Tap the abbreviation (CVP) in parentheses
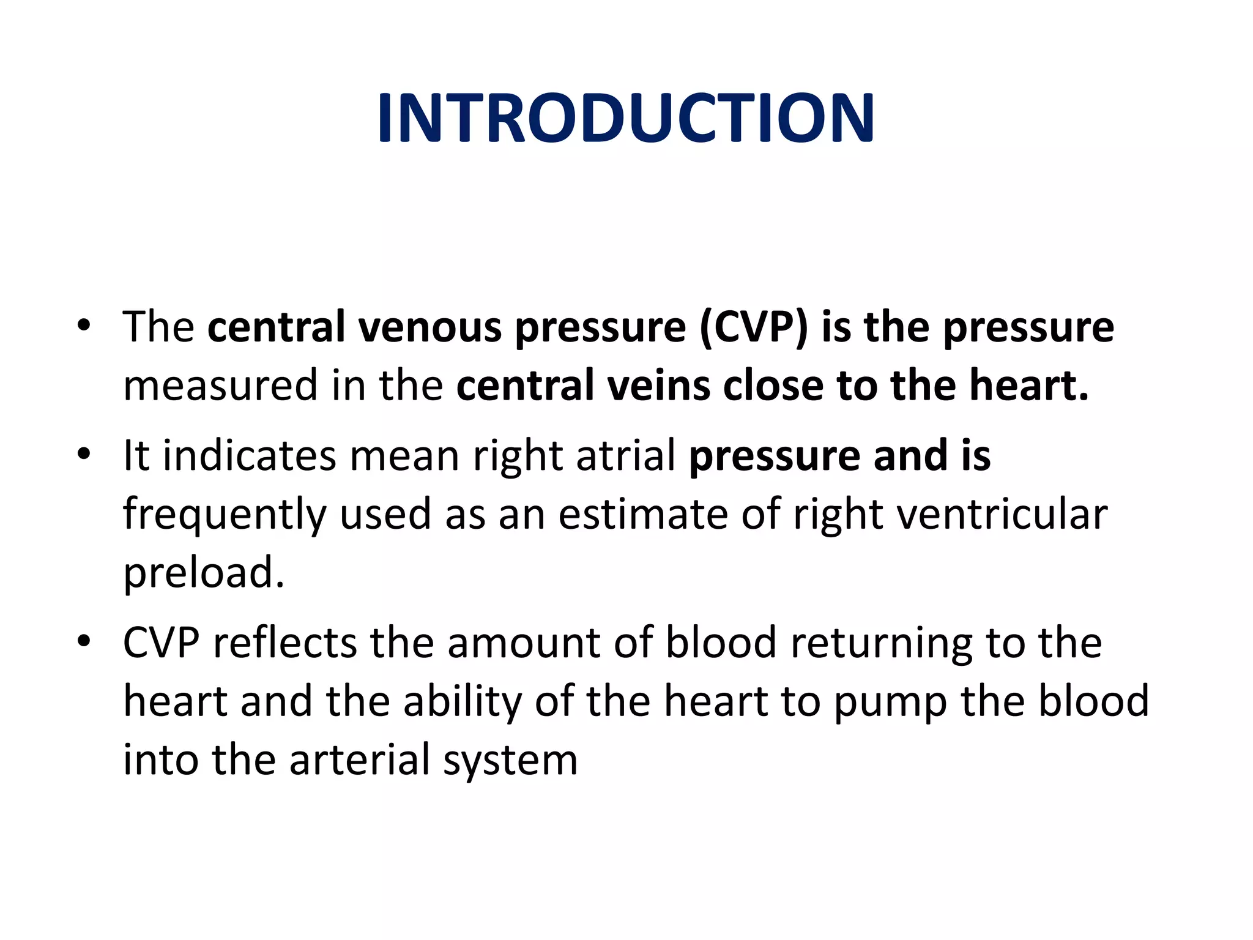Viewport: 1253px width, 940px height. [x=753, y=327]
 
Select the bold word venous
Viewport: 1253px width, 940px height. [x=429, y=327]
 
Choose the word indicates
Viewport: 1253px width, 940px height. [x=249, y=456]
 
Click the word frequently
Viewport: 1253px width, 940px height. [x=225, y=515]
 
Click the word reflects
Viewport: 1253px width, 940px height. [x=284, y=643]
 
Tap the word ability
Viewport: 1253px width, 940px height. [x=462, y=702]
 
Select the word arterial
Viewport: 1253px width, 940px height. [x=360, y=760]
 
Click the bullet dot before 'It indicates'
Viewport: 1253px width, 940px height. [x=84, y=455]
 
